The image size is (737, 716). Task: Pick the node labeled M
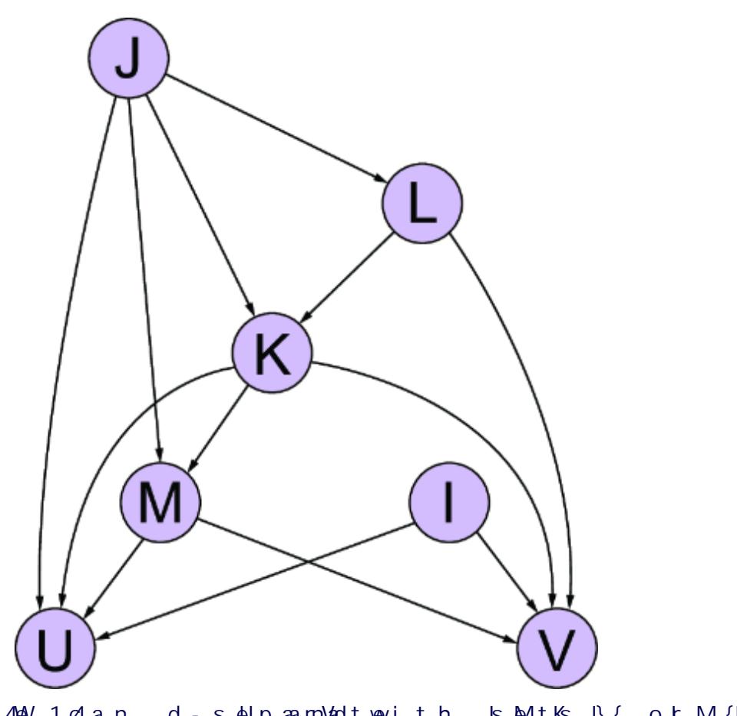(160, 503)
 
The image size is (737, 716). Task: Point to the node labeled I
(450, 503)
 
